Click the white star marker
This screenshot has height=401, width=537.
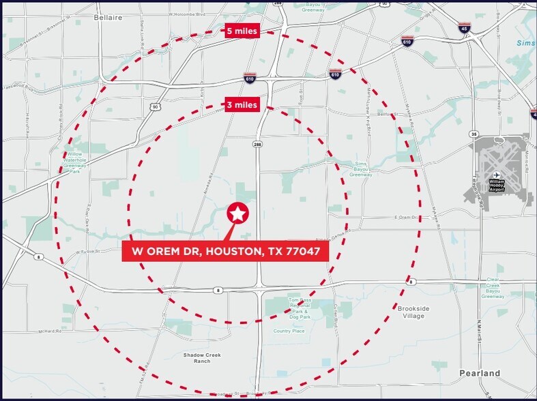pos(237,214)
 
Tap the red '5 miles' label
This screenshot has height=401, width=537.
pos(243,31)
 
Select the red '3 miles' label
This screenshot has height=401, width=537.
pos(243,105)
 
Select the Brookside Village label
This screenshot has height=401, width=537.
pos(413,312)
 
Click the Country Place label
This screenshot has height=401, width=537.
pos(289,331)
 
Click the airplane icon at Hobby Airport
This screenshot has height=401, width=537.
pos(496,174)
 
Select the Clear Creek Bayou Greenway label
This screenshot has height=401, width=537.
pos(493,288)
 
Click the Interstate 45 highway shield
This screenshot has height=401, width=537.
pos(463,28)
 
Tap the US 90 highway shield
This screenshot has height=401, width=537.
pos(156,106)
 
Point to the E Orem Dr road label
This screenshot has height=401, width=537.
pos(405,218)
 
